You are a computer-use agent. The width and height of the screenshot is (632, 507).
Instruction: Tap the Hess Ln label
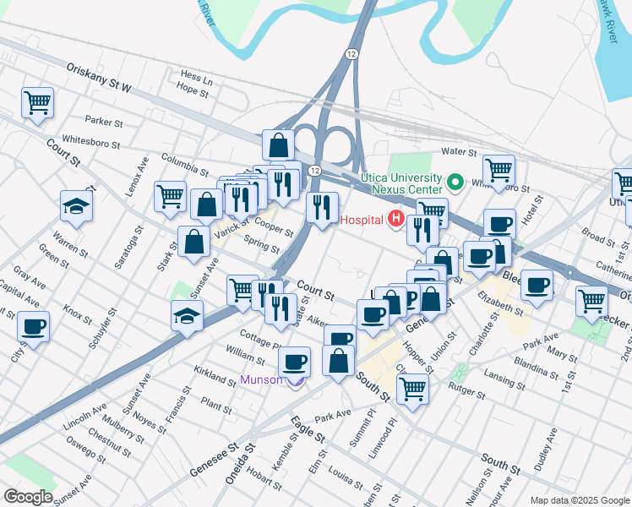(195, 75)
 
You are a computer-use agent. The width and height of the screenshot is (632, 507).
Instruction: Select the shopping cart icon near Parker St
(37, 103)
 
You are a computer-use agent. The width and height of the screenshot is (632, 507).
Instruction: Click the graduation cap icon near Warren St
(76, 206)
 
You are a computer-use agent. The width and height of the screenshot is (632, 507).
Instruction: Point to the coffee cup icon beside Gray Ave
(33, 326)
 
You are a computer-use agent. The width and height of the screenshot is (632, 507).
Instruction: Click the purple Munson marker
(295, 380)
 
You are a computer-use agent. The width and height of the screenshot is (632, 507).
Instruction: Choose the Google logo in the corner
(27, 496)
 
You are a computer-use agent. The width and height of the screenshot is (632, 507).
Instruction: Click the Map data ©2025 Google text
(579, 500)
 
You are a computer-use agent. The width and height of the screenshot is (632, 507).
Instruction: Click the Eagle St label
(308, 429)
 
